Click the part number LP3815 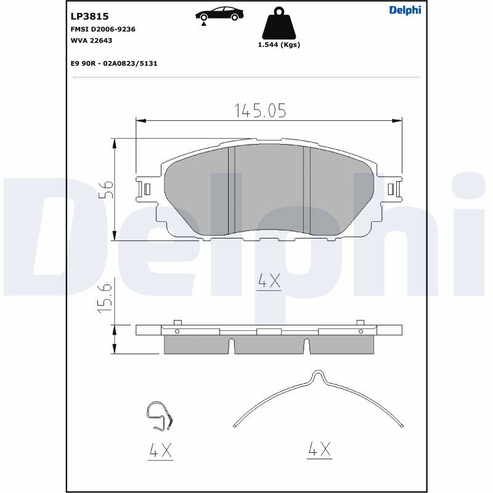pos(89,16)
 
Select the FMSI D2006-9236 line pos(103,29)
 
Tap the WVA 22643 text pos(91,41)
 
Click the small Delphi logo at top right pos(405,10)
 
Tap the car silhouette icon pos(219,14)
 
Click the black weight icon pos(279,23)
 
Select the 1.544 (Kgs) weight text pos(279,44)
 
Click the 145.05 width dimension pos(260,110)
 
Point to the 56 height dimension pos(106,189)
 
